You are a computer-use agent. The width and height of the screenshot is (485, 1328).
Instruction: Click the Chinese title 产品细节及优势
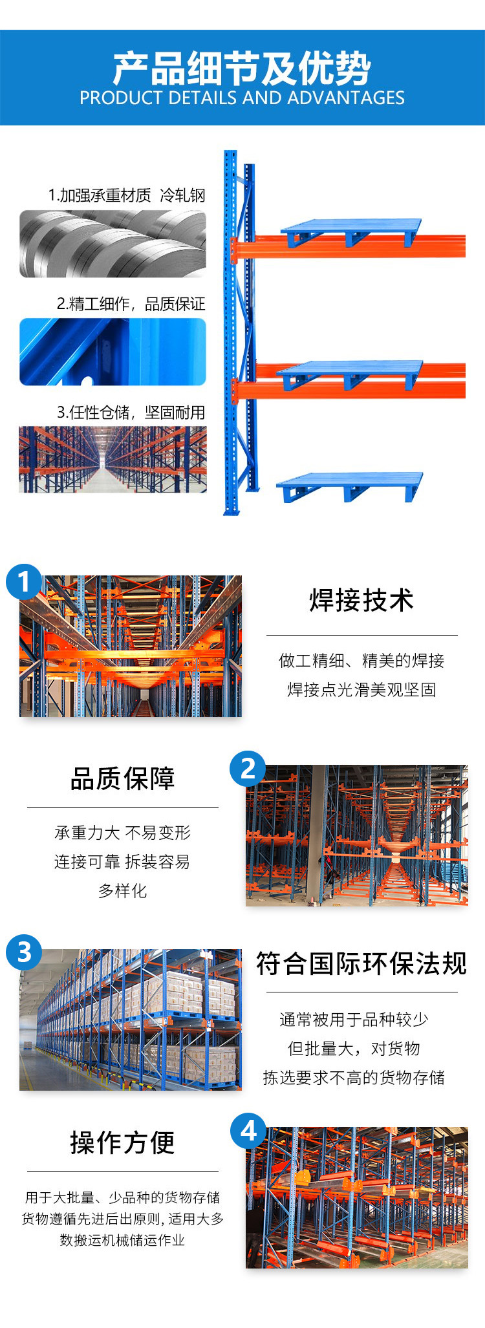point(242,69)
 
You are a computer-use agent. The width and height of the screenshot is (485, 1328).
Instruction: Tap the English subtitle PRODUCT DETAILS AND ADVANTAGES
point(242,98)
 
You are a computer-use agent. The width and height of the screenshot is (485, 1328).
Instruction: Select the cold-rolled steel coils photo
point(113,244)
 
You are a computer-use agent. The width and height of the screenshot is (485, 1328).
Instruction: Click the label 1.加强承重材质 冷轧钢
point(127,195)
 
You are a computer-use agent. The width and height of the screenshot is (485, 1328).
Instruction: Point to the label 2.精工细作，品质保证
point(131,304)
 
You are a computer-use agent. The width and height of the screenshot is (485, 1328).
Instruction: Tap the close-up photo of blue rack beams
point(113,352)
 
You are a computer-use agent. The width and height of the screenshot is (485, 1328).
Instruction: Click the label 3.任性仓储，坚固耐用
point(131,412)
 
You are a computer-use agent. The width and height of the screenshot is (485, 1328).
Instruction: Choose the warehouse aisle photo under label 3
point(113,459)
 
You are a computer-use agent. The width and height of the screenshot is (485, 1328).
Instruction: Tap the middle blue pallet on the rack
point(350,375)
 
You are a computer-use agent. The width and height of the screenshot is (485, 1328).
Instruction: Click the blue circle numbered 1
point(24,581)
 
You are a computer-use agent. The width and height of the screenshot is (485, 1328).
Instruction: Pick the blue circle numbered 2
point(248,768)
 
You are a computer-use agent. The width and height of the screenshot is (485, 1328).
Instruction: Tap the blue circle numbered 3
point(24,952)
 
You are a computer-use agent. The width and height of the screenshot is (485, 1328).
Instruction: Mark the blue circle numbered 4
point(248,1131)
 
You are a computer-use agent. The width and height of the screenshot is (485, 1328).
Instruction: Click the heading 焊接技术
point(361,600)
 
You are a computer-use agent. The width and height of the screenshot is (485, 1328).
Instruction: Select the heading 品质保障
point(122,778)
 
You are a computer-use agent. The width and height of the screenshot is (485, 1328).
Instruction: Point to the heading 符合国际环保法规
point(361,963)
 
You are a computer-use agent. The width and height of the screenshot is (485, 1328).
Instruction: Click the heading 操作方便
point(122,1142)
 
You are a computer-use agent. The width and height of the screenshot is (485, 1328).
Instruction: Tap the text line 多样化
point(122,890)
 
